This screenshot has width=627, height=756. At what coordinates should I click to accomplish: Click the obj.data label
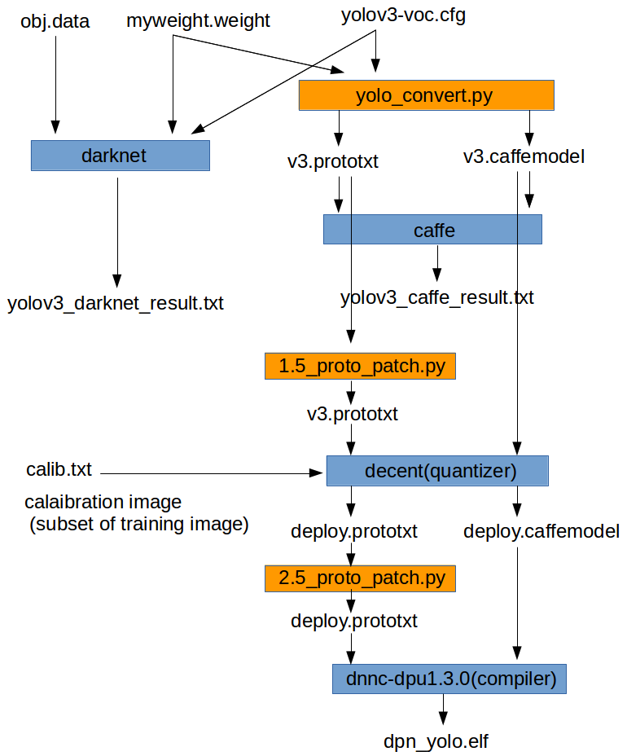[x=55, y=21]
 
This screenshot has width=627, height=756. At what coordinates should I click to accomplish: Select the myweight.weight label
[x=198, y=21]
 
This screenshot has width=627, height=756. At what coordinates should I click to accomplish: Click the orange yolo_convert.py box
[x=426, y=95]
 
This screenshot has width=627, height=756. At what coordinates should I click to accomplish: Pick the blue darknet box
[x=120, y=156]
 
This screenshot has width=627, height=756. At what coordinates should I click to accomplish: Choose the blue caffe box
[x=432, y=230]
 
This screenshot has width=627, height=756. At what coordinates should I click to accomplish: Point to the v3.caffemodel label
[x=524, y=156]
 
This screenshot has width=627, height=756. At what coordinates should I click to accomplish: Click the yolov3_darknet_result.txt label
[x=116, y=305]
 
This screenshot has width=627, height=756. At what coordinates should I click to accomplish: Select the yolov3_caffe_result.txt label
[x=436, y=297]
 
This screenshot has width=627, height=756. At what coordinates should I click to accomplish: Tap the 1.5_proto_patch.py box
[x=360, y=366]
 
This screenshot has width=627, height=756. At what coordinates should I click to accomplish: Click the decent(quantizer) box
[x=437, y=471]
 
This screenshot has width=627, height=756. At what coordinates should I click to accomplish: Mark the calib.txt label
[x=59, y=470]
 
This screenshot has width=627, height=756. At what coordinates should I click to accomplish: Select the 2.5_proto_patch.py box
[x=360, y=579]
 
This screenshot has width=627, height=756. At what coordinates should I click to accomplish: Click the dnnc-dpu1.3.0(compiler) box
[x=449, y=679]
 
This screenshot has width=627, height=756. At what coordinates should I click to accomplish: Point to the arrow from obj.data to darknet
[x=55, y=81]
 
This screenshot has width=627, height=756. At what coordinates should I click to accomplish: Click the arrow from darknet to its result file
[x=117, y=228]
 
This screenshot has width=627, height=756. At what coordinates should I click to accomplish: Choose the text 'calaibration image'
[x=103, y=502]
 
